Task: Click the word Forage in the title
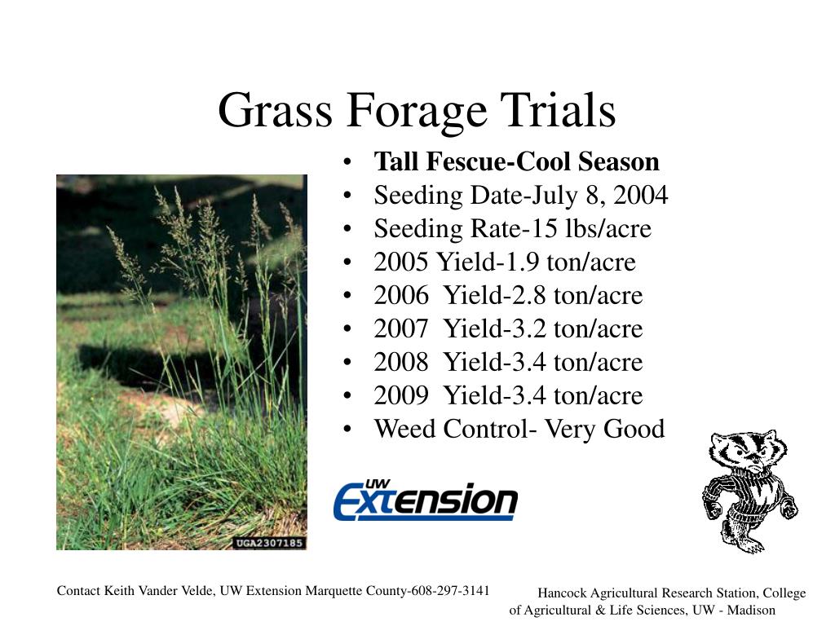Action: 417,111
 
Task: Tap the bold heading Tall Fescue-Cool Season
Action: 516,161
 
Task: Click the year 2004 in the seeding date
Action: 640,195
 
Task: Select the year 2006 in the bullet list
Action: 401,295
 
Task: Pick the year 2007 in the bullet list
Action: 401,329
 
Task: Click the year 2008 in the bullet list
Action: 401,363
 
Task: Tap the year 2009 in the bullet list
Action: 401,396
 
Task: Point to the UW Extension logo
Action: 426,500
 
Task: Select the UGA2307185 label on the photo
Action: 269,543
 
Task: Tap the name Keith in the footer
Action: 120,591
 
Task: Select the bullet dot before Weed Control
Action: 347,429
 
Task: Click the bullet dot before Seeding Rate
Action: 347,229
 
